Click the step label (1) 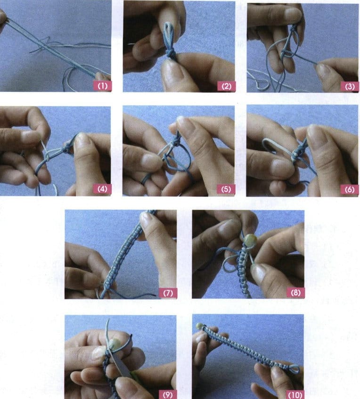coord(102,86)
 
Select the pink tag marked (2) coord(226,86)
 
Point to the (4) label coord(102,190)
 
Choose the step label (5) coord(226,190)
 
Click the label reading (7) coord(168,293)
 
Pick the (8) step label coord(295,293)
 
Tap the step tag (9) coord(168,394)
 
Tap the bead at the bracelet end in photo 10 coord(200,326)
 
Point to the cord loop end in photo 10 coord(294,369)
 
